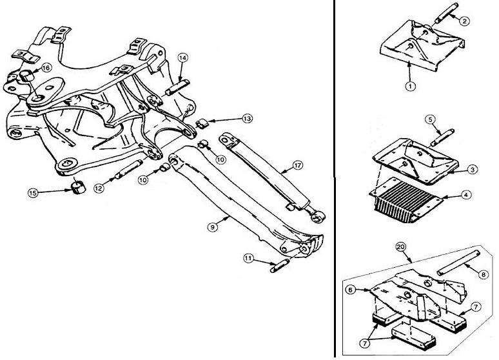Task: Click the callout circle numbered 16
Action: tap(46, 68)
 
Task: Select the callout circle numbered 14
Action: tap(182, 57)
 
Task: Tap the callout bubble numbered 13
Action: tap(248, 119)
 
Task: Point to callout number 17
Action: tap(298, 165)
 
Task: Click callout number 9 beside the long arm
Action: tap(212, 227)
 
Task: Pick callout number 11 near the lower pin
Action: tap(249, 258)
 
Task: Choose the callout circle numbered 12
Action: tap(99, 188)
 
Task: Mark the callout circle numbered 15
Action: tap(33, 193)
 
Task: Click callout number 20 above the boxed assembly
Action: tap(400, 247)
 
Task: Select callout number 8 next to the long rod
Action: tap(484, 274)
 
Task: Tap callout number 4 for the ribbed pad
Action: tap(465, 194)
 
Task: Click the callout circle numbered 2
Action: tap(464, 21)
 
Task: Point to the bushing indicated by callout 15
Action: tap(78, 187)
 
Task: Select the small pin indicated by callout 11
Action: tap(280, 266)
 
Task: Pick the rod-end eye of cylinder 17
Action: tap(317, 217)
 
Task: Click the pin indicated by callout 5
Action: tap(442, 137)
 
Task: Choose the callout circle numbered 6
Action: tap(350, 290)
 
